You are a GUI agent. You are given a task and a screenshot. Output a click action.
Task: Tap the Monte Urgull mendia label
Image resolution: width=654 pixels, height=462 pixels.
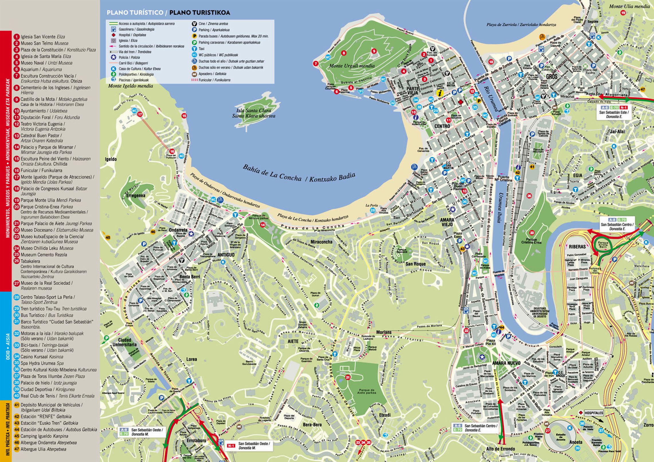click(351, 66)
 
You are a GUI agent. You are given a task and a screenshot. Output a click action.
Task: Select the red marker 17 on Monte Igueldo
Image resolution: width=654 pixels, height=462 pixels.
click(140, 114)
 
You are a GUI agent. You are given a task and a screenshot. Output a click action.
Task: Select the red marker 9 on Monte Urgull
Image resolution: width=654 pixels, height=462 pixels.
click(374, 51)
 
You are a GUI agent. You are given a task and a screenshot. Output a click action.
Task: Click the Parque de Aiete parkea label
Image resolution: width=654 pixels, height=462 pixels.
click(366, 391)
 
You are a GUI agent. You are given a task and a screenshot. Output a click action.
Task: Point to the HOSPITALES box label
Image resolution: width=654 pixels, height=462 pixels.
click(594, 413)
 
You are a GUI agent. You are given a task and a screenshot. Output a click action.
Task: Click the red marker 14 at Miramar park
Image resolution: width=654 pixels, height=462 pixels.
click(263, 225)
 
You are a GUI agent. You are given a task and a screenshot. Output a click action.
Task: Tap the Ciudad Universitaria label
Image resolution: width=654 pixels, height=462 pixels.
click(124, 342)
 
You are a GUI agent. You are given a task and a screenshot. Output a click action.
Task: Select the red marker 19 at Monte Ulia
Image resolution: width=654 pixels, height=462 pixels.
click(623, 13)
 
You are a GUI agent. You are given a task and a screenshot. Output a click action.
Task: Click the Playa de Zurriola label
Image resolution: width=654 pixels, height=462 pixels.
click(521, 25)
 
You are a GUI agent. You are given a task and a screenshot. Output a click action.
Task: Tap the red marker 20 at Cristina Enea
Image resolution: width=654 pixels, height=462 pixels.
click(532, 233)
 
